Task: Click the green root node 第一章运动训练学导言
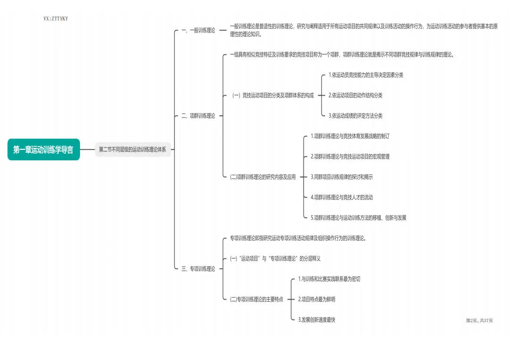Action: pyautogui.click(x=43, y=149)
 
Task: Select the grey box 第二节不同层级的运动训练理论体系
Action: pyautogui.click(x=132, y=149)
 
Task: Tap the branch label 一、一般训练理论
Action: pyautogui.click(x=198, y=30)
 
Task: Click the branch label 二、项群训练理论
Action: pyautogui.click(x=198, y=115)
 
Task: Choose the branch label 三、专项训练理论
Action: pyautogui.click(x=198, y=269)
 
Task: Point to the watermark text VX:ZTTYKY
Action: pyautogui.click(x=55, y=19)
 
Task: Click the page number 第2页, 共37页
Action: pyautogui.click(x=479, y=320)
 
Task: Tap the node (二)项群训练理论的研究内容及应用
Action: pyautogui.click(x=263, y=177)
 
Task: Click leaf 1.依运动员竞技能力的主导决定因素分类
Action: pyautogui.click(x=366, y=75)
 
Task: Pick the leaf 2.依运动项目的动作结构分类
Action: pyautogui.click(x=355, y=95)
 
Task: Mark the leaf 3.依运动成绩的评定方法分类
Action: pyautogui.click(x=355, y=115)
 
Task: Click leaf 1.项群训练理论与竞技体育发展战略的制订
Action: pyautogui.click(x=350, y=136)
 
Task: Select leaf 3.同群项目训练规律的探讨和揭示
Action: pyautogui.click(x=342, y=177)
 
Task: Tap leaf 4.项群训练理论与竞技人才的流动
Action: pyautogui.click(x=342, y=197)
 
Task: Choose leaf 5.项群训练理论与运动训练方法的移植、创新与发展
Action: pyautogui.click(x=358, y=218)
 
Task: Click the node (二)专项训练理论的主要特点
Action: pyautogui.click(x=256, y=299)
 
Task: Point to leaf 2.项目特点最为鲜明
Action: pyautogui.click(x=317, y=299)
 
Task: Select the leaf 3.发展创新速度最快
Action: pyautogui.click(x=317, y=320)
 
